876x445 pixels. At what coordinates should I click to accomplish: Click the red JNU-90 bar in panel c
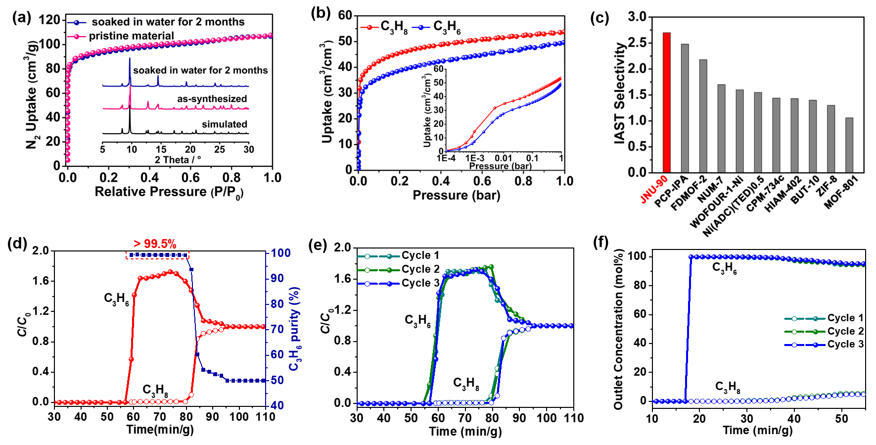tap(666, 102)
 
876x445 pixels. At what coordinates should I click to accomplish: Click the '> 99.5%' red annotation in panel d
tap(155, 244)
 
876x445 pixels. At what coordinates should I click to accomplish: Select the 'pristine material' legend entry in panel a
tap(131, 36)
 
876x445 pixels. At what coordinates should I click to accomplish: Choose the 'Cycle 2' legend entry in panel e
tap(420, 269)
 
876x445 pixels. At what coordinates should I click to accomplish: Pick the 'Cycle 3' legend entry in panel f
tap(845, 345)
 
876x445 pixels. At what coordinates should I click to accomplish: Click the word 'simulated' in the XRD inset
tap(224, 124)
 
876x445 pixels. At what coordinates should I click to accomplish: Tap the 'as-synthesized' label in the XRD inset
tap(212, 99)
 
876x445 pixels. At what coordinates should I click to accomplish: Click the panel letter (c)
tap(599, 18)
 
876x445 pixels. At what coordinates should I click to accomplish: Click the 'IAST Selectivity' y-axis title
tap(620, 94)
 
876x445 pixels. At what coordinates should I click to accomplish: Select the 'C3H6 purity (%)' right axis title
tap(295, 329)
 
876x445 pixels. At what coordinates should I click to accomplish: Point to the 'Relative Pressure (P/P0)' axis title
tap(169, 192)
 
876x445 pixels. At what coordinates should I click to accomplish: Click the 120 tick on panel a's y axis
tap(49, 20)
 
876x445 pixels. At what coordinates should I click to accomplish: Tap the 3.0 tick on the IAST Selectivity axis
tap(637, 17)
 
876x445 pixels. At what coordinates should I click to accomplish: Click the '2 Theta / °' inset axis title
tap(178, 160)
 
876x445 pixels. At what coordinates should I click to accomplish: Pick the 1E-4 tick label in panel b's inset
tap(446, 158)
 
